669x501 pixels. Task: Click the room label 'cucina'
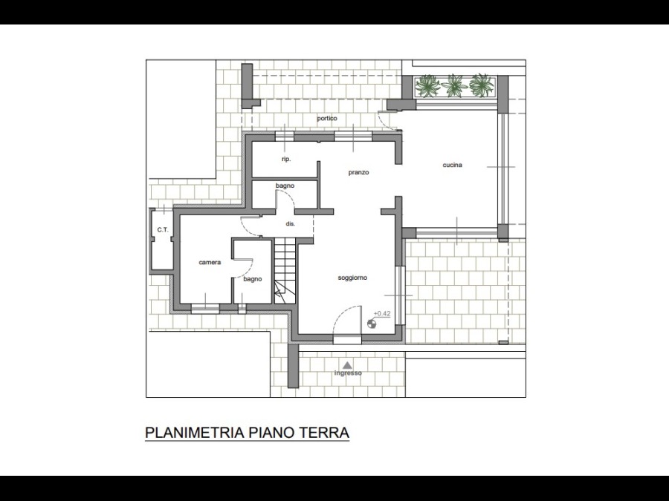click(x=452, y=165)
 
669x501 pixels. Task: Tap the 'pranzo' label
click(x=358, y=172)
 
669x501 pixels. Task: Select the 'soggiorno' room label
click(x=352, y=278)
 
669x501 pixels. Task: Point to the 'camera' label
click(x=210, y=263)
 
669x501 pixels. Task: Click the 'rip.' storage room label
click(x=286, y=160)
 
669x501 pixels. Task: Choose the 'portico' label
click(x=327, y=119)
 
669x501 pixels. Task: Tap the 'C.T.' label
click(x=163, y=229)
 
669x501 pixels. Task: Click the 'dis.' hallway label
click(x=290, y=223)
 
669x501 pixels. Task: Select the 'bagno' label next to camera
click(x=253, y=280)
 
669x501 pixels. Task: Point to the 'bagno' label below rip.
click(x=285, y=186)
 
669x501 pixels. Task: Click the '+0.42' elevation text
click(x=382, y=314)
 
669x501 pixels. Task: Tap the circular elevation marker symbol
click(x=372, y=324)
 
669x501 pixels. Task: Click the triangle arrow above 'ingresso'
click(x=348, y=364)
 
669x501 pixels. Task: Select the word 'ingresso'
click(x=348, y=373)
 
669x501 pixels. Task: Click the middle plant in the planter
click(x=454, y=85)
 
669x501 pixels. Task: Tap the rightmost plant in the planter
click(x=481, y=85)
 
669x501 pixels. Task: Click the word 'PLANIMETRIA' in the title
click(x=195, y=433)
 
